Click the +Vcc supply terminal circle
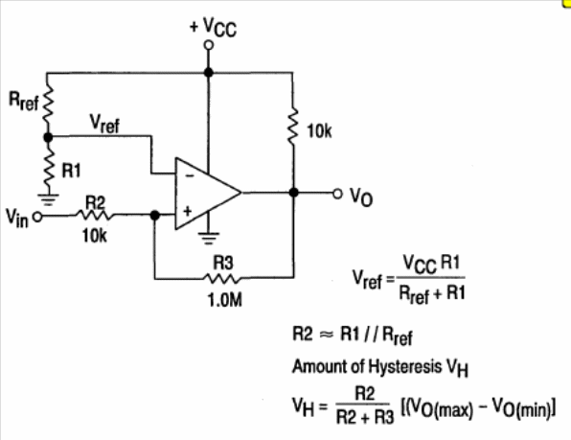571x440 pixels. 208,45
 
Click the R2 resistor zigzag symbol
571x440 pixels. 94,216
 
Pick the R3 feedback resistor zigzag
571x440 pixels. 222,279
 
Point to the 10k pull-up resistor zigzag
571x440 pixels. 293,126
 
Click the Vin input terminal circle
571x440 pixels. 37,217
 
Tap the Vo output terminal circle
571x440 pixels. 337,193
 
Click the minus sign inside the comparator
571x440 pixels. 190,176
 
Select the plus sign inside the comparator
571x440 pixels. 187,211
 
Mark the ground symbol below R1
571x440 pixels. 49,199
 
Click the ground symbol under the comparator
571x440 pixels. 208,238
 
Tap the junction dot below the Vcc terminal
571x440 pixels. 208,72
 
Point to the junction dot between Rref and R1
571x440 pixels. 48,137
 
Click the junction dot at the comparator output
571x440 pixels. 293,193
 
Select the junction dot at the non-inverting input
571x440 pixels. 155,216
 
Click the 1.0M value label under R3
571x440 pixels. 225,300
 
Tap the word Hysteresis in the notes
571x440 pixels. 405,366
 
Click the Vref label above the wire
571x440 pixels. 104,124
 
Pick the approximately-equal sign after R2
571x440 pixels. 327,336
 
